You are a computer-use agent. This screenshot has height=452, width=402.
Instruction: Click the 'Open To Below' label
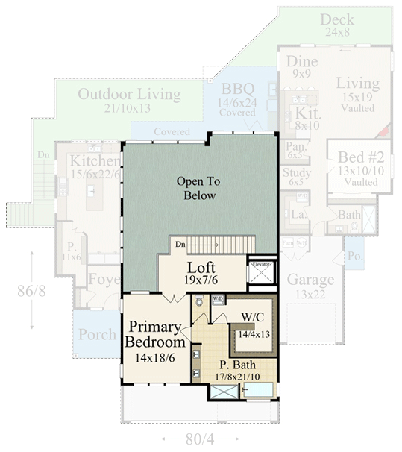(x=196, y=188)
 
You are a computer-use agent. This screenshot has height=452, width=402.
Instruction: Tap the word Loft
(x=201, y=268)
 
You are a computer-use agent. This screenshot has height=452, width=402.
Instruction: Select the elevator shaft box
(x=261, y=273)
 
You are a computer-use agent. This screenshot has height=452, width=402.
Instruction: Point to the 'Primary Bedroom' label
(x=155, y=335)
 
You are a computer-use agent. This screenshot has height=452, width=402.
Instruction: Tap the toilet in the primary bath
(x=198, y=302)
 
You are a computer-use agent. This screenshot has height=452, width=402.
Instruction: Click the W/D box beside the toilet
(x=218, y=299)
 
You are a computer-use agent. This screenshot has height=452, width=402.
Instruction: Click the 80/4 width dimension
(x=199, y=439)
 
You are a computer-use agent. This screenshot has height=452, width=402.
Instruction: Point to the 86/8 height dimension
(x=32, y=290)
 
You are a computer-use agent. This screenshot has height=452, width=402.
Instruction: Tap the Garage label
(x=310, y=280)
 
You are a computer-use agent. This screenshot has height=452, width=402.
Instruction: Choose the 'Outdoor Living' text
(x=129, y=95)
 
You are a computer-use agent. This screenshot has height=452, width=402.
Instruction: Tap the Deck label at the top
(x=338, y=19)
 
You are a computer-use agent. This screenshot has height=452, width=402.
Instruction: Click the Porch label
(x=97, y=334)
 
